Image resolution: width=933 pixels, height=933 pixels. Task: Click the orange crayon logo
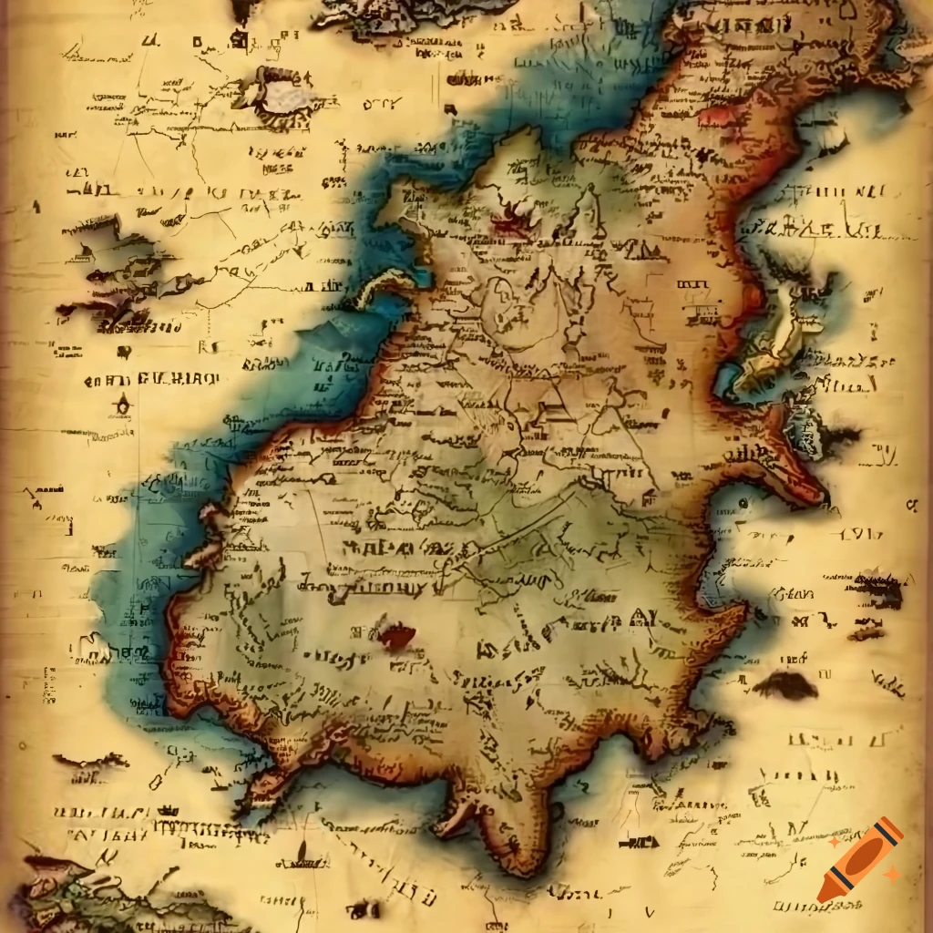click(x=860, y=860)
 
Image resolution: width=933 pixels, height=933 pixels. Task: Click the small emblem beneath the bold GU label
click(x=122, y=406)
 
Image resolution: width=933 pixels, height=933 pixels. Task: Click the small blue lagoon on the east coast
click(x=729, y=383)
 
